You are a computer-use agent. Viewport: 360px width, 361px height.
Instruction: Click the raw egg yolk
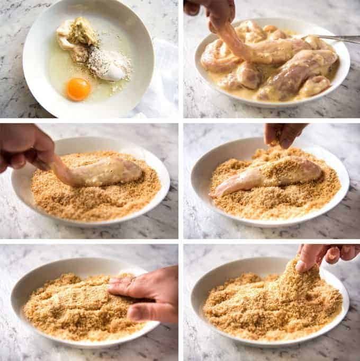coord(78,89)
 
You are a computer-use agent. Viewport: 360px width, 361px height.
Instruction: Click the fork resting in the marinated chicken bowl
coord(328,38)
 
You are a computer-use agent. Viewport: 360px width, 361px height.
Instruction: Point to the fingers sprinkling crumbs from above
coord(283,134)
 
